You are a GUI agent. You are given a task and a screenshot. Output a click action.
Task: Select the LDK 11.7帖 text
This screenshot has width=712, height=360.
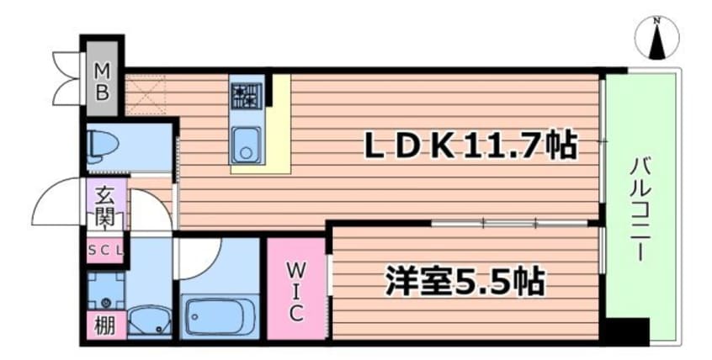[470, 147]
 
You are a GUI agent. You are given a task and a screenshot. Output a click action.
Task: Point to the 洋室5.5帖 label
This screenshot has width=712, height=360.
[465, 279]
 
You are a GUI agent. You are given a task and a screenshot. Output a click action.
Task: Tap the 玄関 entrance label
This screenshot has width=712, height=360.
[104, 206]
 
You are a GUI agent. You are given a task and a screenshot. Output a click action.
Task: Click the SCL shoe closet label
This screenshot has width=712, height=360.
[106, 249]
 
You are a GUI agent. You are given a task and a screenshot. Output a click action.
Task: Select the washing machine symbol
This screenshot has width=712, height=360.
[106, 291]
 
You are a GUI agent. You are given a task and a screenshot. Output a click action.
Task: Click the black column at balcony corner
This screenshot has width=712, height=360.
[626, 331]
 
